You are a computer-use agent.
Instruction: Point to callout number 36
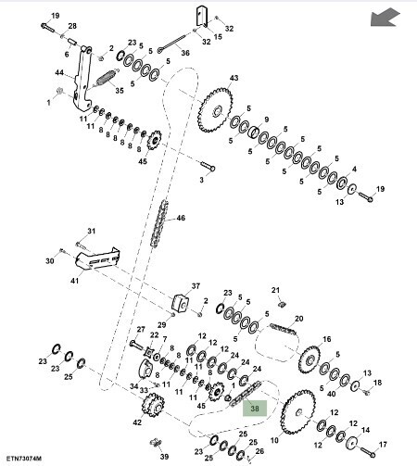tap(185, 54)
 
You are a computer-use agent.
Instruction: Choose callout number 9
tap(265, 120)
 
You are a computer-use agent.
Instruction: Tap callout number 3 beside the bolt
tap(200, 179)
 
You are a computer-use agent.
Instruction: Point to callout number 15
tap(219, 37)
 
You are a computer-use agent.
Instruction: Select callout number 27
tap(141, 329)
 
